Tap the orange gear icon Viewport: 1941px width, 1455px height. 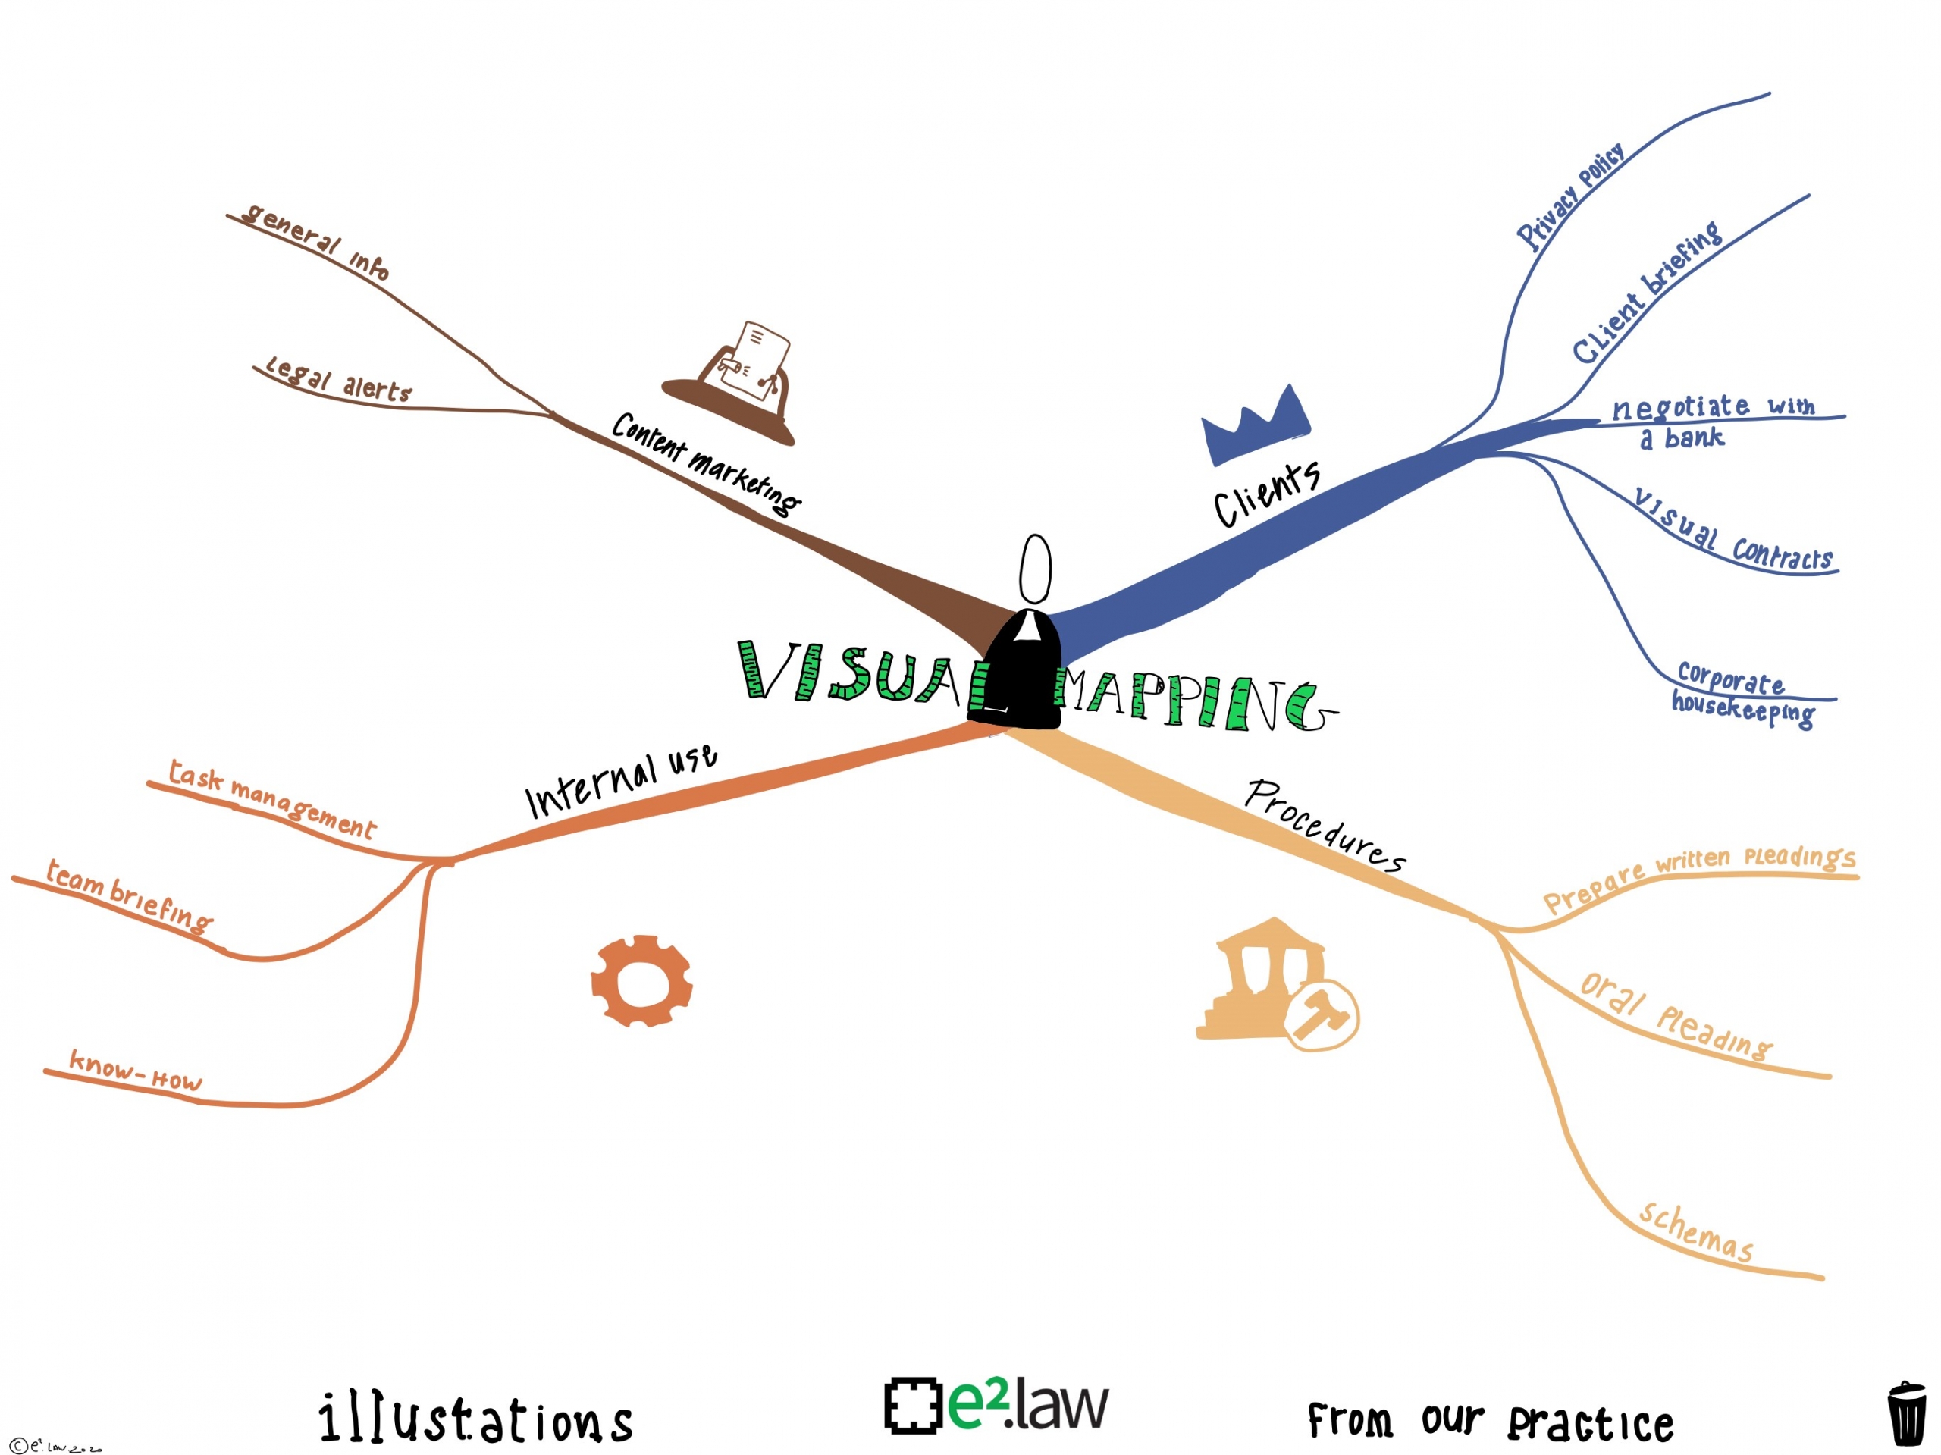[x=641, y=980]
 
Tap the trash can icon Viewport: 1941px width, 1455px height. [x=1906, y=1413]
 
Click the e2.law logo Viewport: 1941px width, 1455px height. [x=997, y=1404]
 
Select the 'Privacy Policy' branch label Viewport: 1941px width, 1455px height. [x=1571, y=196]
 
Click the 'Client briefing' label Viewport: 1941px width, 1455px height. [x=1646, y=292]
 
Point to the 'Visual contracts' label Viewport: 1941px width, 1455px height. [x=1733, y=531]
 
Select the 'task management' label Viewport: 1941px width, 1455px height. [x=272, y=799]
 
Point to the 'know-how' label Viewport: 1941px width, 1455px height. [x=136, y=1071]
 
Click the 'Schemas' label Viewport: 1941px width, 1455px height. [x=1695, y=1232]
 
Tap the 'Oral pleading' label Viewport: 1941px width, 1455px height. [x=1675, y=1016]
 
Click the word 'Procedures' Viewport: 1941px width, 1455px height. [x=1326, y=825]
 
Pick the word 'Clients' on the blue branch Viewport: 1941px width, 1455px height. [x=1266, y=494]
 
